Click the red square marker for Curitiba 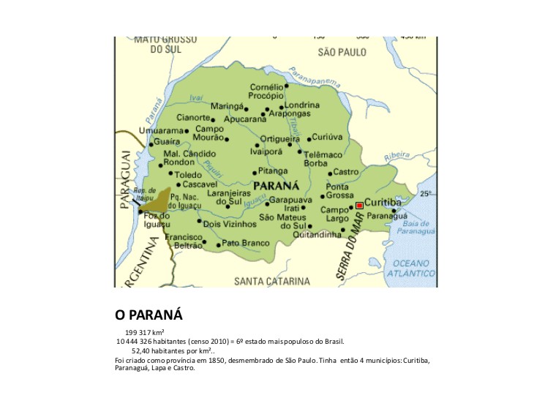click(359, 206)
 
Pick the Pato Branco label click(246, 243)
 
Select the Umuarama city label click(161, 131)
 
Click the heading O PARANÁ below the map click(149, 315)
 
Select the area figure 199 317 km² click(144, 333)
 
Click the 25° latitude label click(426, 194)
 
